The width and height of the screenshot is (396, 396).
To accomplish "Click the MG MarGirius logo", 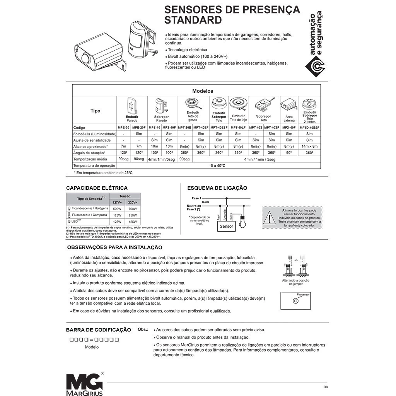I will click(x=84, y=384).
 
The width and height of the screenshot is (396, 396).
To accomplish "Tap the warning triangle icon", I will click(x=269, y=218).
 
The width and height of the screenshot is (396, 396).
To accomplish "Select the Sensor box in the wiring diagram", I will click(x=226, y=226).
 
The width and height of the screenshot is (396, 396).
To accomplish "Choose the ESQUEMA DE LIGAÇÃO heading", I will click(x=217, y=188).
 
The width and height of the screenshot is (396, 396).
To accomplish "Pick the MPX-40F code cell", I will click(x=289, y=127).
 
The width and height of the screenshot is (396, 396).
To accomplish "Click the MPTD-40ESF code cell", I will click(x=309, y=127).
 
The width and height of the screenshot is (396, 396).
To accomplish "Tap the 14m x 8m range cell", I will click(x=309, y=147).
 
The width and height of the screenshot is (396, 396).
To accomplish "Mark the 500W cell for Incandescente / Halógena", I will click(x=117, y=208).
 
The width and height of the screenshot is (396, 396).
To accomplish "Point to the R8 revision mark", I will click(x=325, y=387).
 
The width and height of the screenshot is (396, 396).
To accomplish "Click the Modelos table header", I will click(x=203, y=91).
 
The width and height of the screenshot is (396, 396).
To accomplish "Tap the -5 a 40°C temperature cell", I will click(x=217, y=166).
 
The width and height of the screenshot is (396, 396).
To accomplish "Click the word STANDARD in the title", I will click(x=193, y=20).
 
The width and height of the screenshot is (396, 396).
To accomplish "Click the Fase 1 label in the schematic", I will click(x=196, y=198).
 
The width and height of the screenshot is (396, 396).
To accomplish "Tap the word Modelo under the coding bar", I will click(x=92, y=347).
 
